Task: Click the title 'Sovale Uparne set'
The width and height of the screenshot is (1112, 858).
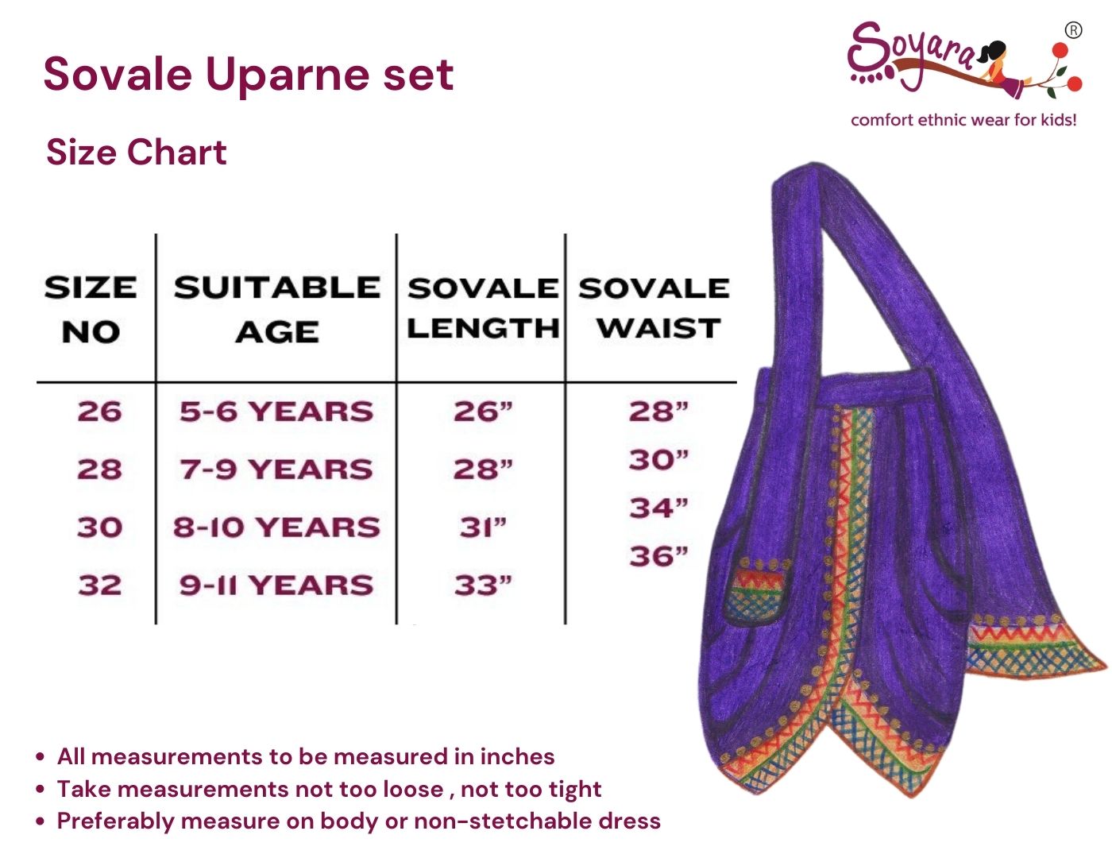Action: pos(248,75)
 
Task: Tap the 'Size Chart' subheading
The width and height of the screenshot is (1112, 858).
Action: pos(137,152)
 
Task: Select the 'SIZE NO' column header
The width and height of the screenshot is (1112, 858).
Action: pos(91,309)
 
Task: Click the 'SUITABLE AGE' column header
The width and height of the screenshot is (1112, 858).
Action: pos(277,309)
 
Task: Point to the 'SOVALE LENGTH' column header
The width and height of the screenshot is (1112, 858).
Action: pos(483,307)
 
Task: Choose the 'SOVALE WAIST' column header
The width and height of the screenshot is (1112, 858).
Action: pos(654,307)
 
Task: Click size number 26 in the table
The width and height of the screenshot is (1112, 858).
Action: pos(99,412)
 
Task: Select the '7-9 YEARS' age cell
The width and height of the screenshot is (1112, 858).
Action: pos(276,469)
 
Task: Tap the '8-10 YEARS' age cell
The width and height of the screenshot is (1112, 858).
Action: pos(276,527)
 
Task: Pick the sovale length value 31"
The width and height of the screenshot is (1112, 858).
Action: pos(483,527)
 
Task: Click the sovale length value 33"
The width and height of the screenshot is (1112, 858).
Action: pos(483,586)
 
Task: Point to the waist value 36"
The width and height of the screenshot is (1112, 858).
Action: pos(658,556)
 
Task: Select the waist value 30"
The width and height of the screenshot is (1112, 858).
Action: pos(658,459)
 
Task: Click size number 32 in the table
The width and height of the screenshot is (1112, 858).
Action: pos(99,586)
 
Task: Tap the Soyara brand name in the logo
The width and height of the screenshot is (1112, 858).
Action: pos(913,52)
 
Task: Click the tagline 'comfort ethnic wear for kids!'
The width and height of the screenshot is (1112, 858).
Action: pos(963,120)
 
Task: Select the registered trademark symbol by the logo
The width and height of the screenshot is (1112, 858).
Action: pos(1073,30)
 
